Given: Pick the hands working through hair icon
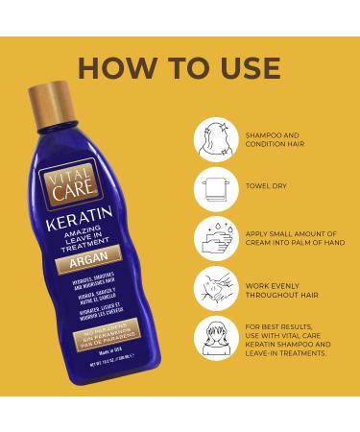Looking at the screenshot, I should pos(216,288).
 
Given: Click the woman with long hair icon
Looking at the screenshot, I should pos(216,338).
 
